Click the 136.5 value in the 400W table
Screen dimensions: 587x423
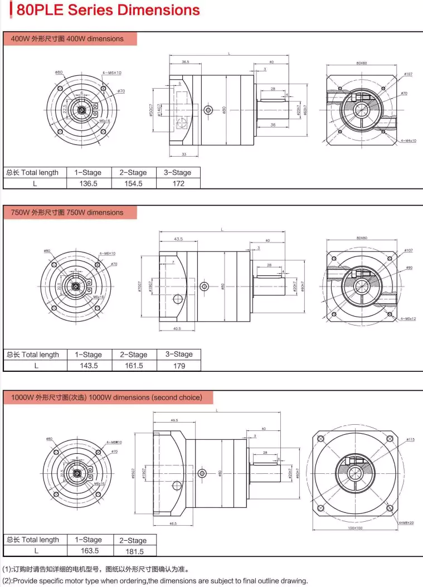(88, 183)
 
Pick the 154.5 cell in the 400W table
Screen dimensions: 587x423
(133, 183)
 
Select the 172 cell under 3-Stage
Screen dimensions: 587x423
(178, 183)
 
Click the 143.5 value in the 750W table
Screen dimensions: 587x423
(88, 366)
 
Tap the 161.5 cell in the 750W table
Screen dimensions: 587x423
(133, 366)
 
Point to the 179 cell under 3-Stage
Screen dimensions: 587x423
(179, 366)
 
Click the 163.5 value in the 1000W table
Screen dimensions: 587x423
(89, 551)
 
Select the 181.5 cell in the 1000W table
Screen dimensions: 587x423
(134, 551)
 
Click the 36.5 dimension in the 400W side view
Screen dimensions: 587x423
(185, 62)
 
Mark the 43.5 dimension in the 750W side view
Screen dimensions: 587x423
(178, 239)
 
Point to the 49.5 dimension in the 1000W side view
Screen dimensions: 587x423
(174, 420)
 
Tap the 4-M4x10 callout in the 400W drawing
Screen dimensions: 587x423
(408, 140)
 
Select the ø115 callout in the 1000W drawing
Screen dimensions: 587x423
(410, 440)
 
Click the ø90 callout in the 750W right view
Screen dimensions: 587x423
(409, 268)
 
